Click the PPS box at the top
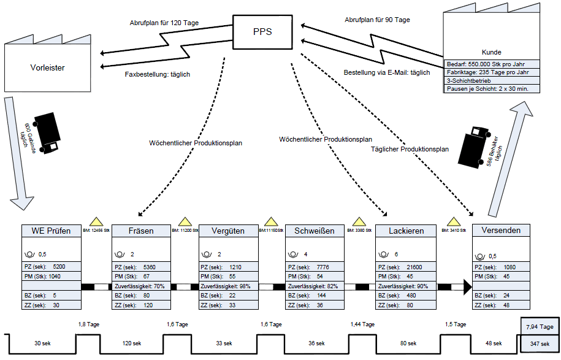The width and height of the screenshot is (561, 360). pyautogui.click(x=262, y=31)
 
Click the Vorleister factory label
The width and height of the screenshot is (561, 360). pyautogui.click(x=47, y=67)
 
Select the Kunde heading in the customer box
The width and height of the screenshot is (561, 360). pyautogui.click(x=492, y=53)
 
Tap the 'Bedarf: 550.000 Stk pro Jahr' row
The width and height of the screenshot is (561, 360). pyautogui.click(x=492, y=63)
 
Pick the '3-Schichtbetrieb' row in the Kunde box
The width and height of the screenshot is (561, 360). pyautogui.click(x=492, y=80)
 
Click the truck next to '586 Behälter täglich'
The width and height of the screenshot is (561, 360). pyautogui.click(x=473, y=146)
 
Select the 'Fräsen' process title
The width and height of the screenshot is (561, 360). pyautogui.click(x=141, y=231)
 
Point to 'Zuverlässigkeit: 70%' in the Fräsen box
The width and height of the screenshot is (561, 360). pyautogui.click(x=141, y=286)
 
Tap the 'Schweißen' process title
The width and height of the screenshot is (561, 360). pyautogui.click(x=314, y=231)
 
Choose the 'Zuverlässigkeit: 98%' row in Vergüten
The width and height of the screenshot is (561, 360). pyautogui.click(x=229, y=286)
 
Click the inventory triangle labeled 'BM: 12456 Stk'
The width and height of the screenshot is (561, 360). pyautogui.click(x=96, y=221)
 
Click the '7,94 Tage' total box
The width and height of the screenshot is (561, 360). pyautogui.click(x=540, y=327)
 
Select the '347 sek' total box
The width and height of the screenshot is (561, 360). pyautogui.click(x=540, y=343)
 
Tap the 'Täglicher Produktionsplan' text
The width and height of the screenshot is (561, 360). pyautogui.click(x=410, y=149)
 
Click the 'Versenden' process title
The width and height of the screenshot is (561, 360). pyautogui.click(x=501, y=231)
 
